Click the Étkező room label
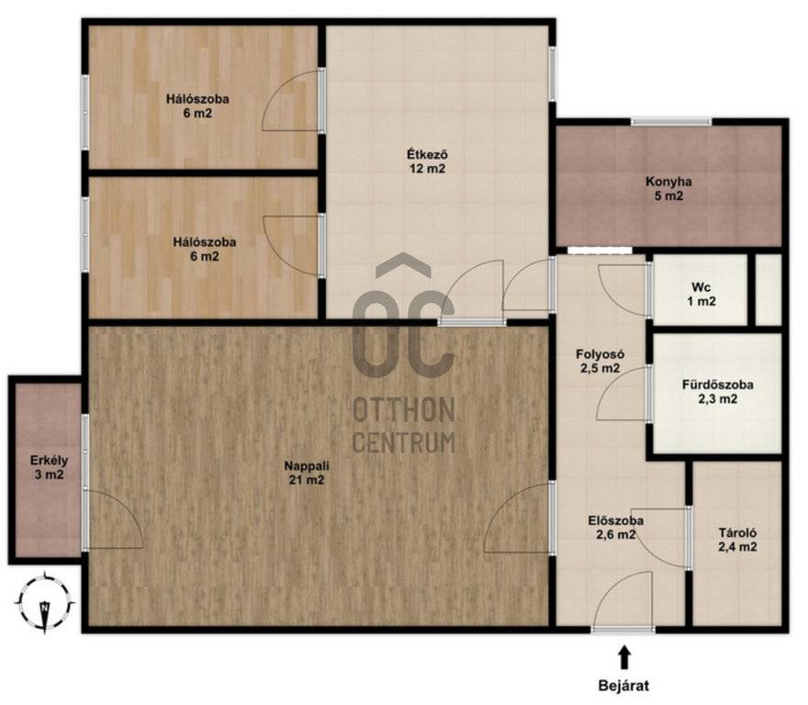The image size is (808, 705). coord(427,162)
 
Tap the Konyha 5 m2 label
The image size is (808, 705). coord(668,188)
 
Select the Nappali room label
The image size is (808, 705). coord(307,473)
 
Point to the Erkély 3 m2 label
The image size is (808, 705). coord(49,467)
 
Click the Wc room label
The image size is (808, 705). coord(701,295)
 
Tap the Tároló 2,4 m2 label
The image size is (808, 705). coord(737,540)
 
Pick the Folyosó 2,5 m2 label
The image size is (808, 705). coord(600,362)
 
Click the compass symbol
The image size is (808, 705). coord(45,602)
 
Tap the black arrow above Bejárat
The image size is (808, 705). coord(624,657)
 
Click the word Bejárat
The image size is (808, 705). coord(623,686)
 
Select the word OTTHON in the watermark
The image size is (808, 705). coord(404,410)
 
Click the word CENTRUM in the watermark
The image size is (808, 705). coord(404,442)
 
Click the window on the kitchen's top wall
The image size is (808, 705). coord(671,122)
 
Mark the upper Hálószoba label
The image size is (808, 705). coord(197,106)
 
